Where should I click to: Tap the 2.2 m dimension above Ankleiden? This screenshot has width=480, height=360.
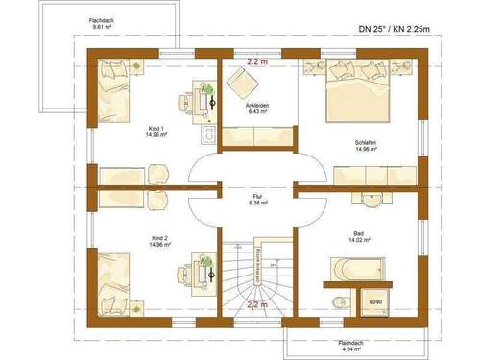tap(255, 60)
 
